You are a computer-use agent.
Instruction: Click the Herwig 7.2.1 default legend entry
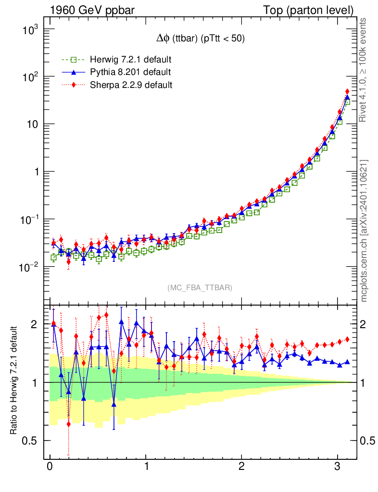pyautogui.click(x=130, y=60)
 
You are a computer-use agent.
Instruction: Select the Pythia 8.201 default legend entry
pyautogui.click(x=129, y=73)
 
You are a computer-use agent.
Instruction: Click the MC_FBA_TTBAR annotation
pyautogui.click(x=200, y=288)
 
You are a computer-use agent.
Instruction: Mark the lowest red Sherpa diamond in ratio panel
pyautogui.click(x=69, y=424)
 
